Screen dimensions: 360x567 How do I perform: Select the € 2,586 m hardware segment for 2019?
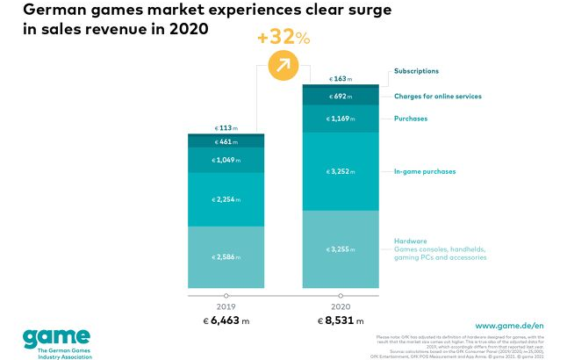tap(226, 256)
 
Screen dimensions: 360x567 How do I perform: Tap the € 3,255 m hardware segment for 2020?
tap(341, 249)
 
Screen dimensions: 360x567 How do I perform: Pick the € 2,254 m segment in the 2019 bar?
tap(226, 199)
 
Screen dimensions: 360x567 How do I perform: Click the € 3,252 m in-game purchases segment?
tap(341, 171)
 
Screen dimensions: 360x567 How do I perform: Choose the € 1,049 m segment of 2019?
tap(226, 160)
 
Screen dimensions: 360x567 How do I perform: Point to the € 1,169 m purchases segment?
tap(341, 119)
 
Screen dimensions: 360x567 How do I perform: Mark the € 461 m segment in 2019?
tap(226, 140)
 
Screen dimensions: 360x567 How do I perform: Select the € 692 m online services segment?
tap(341, 96)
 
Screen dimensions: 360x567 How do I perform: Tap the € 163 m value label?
tap(341, 78)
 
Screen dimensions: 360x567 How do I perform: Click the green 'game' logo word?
tap(56, 337)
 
